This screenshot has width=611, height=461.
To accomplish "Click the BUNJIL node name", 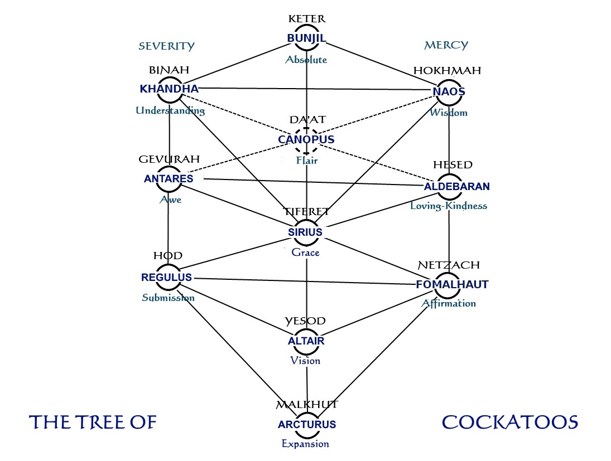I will pos(306,38).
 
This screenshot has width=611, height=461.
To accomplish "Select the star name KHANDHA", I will pos(169,89).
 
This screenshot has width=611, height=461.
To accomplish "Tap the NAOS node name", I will pos(449,91).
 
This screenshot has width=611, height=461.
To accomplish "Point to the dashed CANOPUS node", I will pos(306,139).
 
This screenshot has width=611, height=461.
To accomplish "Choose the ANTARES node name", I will pos(169,179).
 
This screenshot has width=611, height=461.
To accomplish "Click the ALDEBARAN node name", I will pos(449,186).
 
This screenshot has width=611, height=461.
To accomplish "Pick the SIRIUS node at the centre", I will pos(305,232).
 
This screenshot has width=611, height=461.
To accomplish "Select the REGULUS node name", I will pos(167,277).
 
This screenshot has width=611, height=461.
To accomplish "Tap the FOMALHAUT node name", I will pos(452,284).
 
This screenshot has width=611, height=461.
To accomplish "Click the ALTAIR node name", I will pos(306,341).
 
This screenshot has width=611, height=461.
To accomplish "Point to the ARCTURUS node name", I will pos(307,424).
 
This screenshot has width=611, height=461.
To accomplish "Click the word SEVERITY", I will pos(166,46).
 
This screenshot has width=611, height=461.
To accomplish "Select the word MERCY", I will pos(446,45).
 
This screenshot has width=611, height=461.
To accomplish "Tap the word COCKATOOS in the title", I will pos(509,422).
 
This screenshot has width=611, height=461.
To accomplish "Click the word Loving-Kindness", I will pos(449,206).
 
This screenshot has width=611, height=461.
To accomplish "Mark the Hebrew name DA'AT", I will pos(306,120).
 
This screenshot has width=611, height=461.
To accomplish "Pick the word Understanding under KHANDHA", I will pos(170,110).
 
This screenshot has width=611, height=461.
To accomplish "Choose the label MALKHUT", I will pos(307,404).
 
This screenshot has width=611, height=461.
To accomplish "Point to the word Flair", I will pos(306,161).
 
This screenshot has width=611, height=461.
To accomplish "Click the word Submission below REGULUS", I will pos(168,298).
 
